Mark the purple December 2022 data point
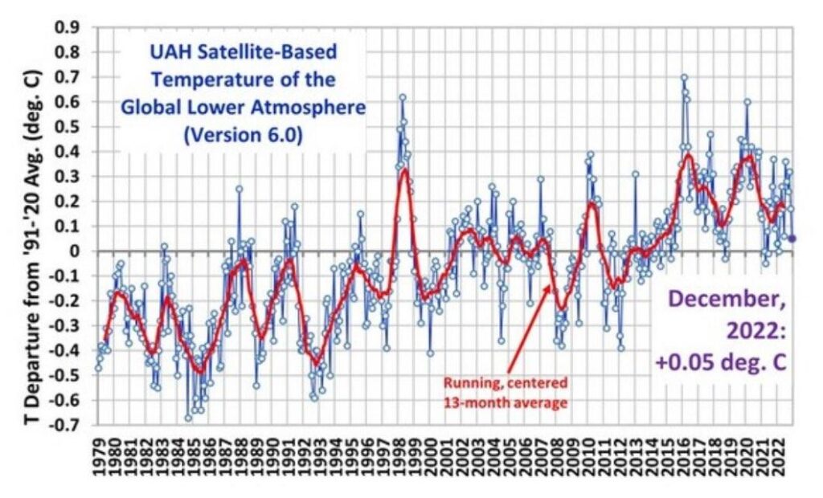click(x=792, y=238)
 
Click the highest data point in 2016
click(x=684, y=78)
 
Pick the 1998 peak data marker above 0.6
click(x=403, y=97)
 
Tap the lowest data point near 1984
click(x=188, y=418)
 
